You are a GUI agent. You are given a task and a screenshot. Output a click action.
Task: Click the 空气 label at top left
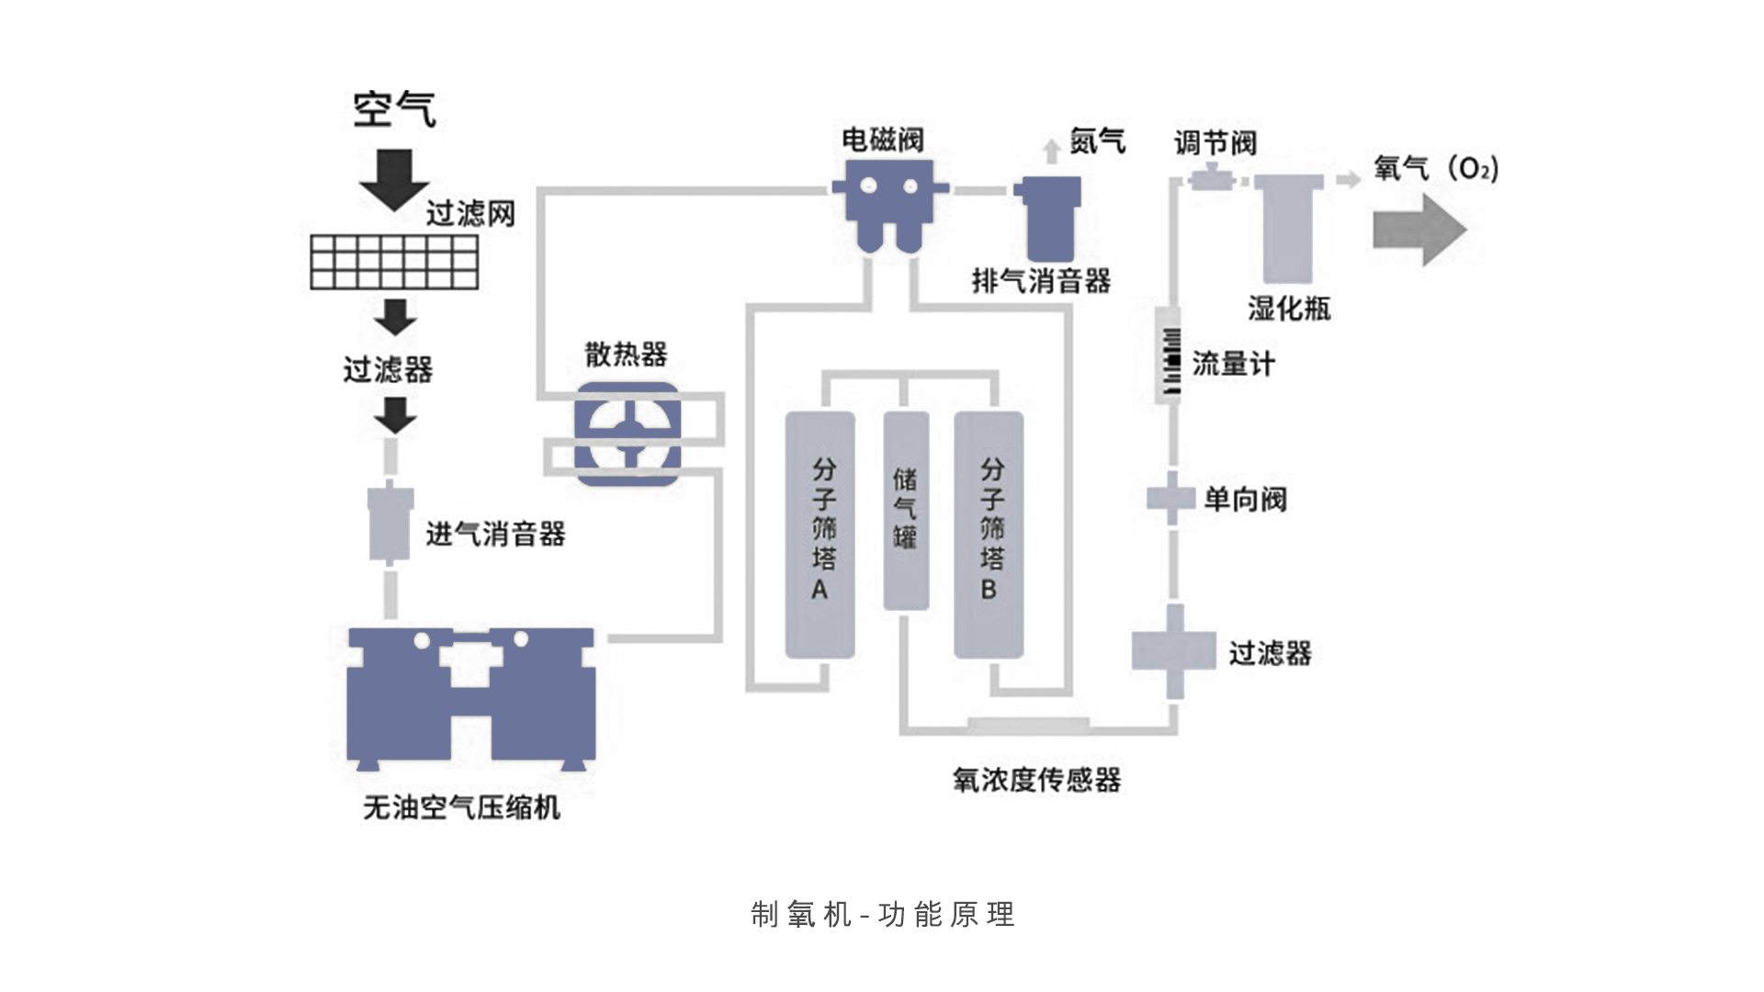[394, 109]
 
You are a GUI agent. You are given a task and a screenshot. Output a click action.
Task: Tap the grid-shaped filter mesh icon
[394, 262]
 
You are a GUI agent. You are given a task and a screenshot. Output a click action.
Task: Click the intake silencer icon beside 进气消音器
[390, 522]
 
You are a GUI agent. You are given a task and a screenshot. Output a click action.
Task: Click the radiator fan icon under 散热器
[628, 434]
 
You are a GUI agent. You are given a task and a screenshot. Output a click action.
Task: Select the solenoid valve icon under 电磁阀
[889, 203]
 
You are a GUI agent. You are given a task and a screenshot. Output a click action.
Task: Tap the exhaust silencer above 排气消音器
[1047, 220]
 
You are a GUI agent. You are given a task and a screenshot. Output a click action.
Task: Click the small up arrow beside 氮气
[1052, 151]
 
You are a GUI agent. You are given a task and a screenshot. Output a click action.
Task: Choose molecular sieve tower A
[820, 535]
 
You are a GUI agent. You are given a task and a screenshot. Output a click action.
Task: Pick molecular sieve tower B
[989, 535]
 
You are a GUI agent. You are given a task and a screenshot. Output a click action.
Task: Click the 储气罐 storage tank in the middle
[906, 511]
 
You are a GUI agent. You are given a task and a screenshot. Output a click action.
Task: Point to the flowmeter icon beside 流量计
[1169, 356]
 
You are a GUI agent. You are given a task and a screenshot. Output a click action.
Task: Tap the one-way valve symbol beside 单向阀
[1172, 499]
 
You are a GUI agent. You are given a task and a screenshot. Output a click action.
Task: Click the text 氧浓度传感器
[1036, 781]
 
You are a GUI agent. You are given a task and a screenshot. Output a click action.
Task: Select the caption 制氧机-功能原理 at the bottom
[882, 914]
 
